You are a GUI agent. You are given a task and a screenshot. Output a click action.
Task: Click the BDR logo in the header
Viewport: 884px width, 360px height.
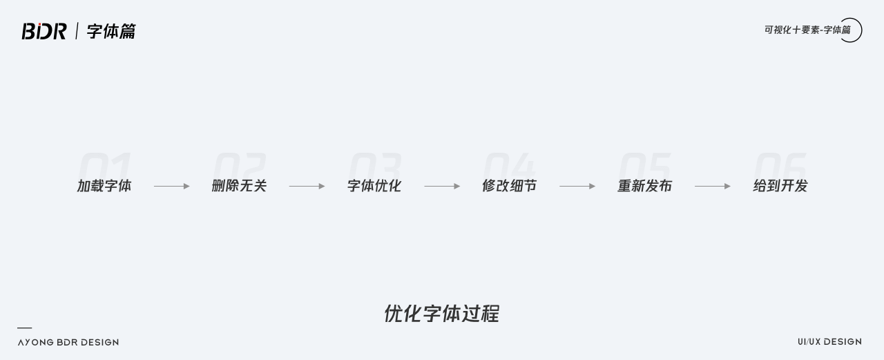tap(44, 31)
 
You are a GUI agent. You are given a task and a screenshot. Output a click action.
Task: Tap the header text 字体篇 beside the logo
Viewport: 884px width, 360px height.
tap(111, 31)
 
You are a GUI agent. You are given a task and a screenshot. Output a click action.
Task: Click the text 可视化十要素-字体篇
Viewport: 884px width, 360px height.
tap(807, 30)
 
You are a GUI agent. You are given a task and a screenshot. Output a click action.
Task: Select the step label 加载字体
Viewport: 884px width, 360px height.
tap(104, 186)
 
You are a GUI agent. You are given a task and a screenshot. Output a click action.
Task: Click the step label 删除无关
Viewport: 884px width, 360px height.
tap(239, 186)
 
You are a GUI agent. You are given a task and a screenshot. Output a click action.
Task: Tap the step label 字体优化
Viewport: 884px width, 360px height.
tap(374, 186)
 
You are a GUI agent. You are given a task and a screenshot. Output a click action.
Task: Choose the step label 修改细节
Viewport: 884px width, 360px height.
tap(509, 186)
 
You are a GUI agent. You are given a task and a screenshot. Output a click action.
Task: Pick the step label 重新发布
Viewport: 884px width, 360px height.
tap(644, 186)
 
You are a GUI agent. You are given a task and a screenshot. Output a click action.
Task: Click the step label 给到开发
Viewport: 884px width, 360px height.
tap(780, 186)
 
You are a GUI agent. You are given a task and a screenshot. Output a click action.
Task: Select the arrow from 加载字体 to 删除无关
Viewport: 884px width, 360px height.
tap(171, 186)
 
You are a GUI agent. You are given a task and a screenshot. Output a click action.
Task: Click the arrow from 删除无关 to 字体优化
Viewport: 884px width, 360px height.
tap(307, 186)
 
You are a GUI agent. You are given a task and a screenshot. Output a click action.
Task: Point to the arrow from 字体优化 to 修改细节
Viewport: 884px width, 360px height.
tap(442, 186)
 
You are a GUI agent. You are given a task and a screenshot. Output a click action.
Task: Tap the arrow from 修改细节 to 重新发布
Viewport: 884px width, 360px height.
tap(577, 186)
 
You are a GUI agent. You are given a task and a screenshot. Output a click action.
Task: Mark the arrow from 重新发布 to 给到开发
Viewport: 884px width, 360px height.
tap(713, 186)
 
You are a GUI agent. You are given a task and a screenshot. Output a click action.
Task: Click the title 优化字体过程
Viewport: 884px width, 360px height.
tap(441, 314)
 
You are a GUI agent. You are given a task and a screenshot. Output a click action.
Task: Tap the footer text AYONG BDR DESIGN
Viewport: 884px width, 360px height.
tap(68, 342)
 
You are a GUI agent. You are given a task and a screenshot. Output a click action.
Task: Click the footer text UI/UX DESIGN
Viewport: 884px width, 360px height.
tap(829, 341)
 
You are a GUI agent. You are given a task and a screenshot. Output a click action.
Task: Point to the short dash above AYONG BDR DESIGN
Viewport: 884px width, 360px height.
tap(24, 328)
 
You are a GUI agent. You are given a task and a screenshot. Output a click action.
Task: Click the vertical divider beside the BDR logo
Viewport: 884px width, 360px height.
tap(77, 31)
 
